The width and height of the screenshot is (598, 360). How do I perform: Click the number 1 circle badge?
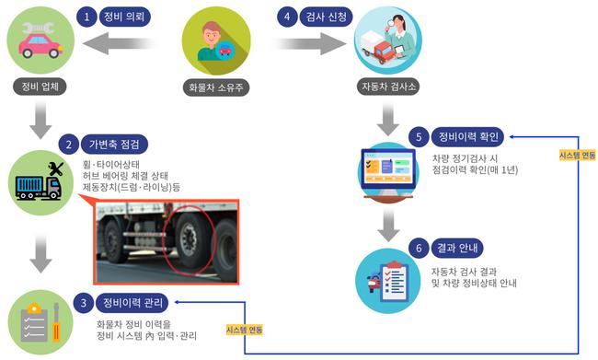coord(87,17)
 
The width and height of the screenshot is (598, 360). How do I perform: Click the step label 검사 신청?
coord(325,17)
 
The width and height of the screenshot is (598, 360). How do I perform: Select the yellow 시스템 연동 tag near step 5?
coord(578,156)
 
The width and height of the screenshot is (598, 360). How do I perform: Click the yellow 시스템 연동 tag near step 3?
coord(244,328)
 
